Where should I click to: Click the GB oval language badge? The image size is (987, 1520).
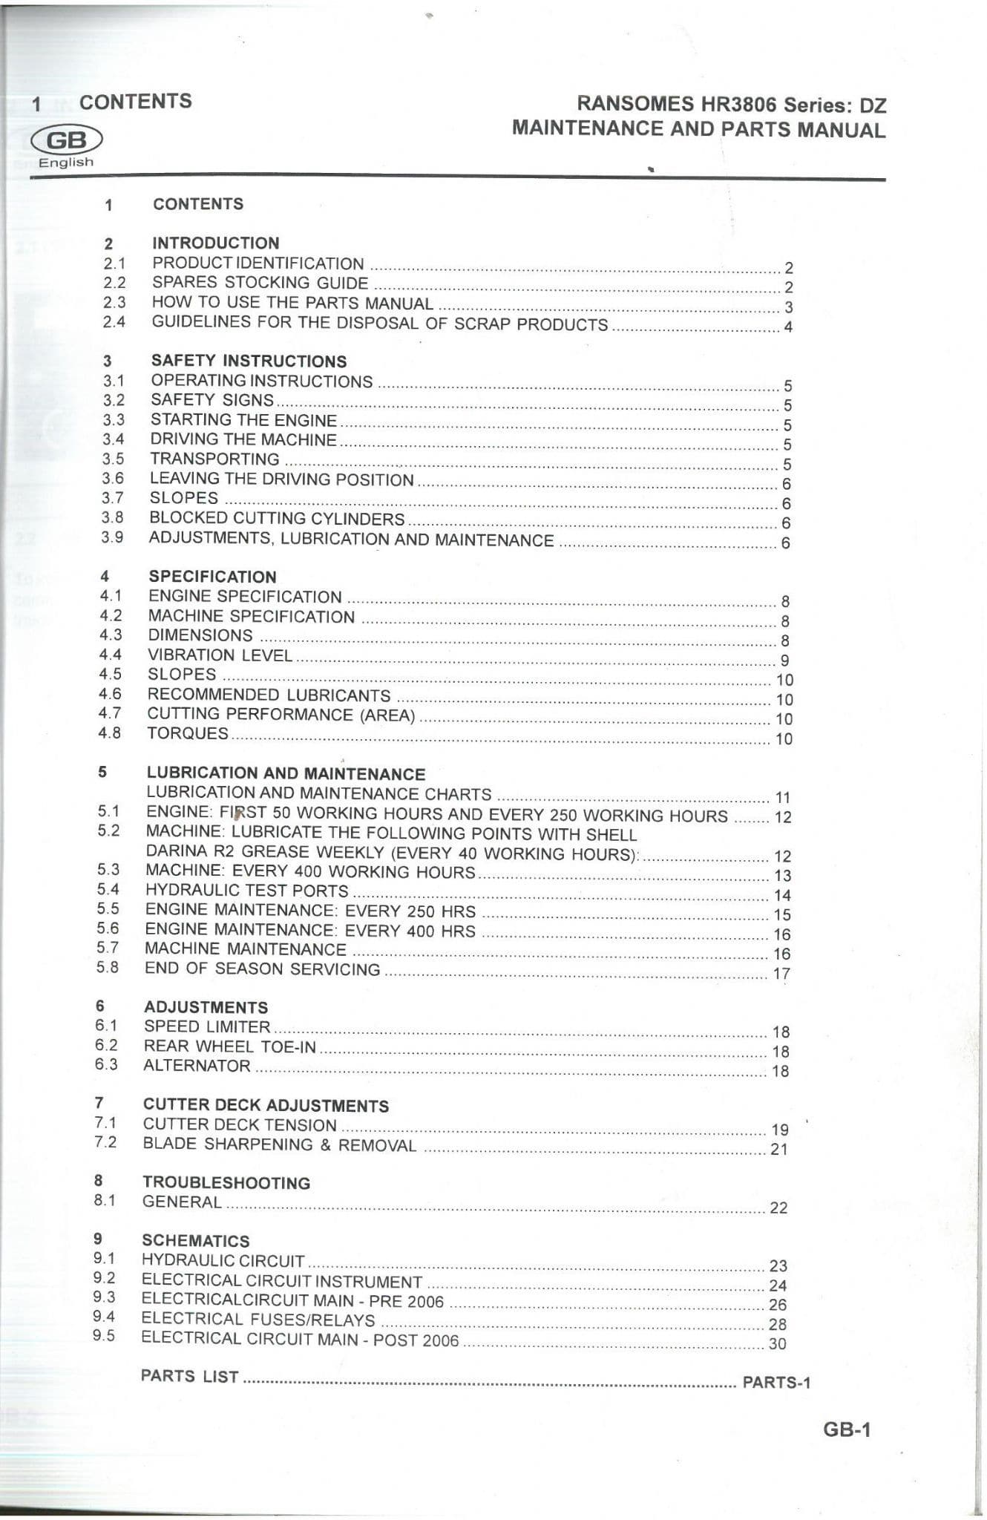(x=66, y=140)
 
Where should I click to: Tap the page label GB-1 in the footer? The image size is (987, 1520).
(x=846, y=1429)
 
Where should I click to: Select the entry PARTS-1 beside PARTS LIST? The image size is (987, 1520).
(x=776, y=1382)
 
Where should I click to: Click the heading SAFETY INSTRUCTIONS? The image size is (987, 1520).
(x=249, y=361)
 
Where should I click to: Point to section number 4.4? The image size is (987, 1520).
(x=110, y=655)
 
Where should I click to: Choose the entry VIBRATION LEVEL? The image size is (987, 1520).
(x=220, y=655)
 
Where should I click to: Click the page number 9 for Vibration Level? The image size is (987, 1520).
(x=785, y=661)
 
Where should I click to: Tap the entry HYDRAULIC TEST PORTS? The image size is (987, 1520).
(x=246, y=891)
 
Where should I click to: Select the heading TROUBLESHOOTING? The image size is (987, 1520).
(x=226, y=1183)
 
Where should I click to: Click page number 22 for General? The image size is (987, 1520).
(x=778, y=1208)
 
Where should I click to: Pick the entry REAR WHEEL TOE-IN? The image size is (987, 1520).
(x=230, y=1046)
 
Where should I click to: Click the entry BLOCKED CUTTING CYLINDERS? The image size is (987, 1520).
(x=277, y=518)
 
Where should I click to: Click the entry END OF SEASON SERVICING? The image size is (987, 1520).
(x=262, y=969)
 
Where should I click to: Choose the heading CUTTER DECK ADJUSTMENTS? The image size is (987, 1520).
(x=266, y=1106)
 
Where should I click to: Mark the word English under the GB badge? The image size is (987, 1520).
(x=66, y=163)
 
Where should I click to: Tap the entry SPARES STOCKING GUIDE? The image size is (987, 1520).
(x=260, y=283)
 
